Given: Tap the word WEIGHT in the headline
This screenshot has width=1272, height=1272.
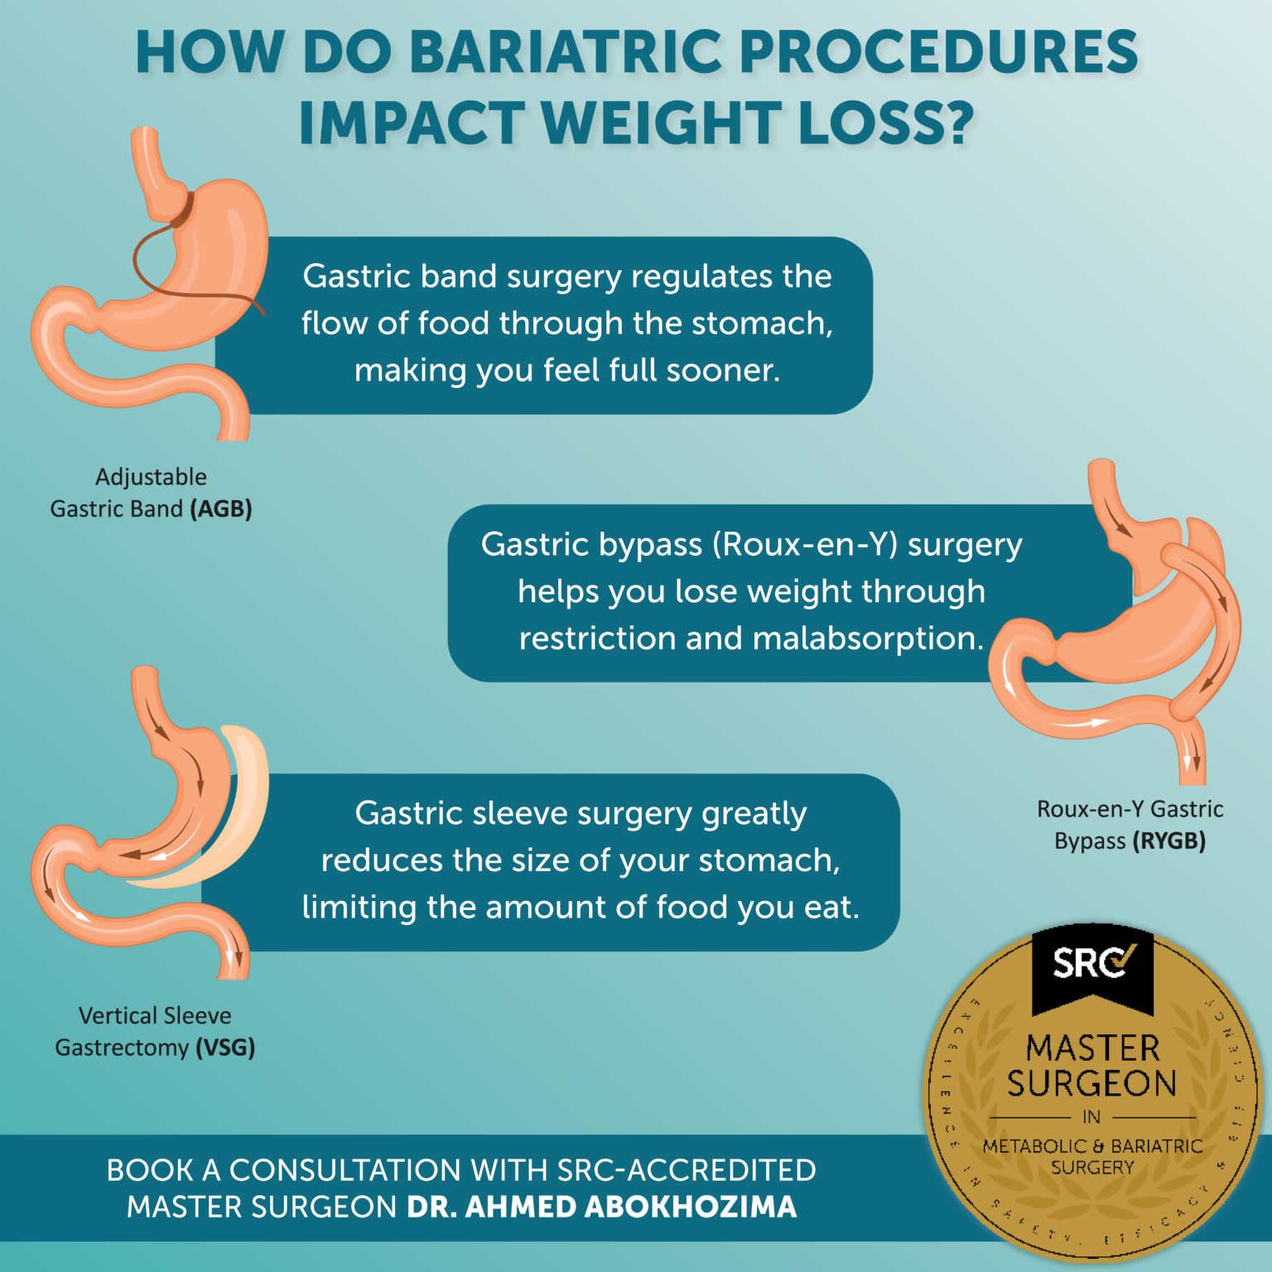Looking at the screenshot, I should (x=660, y=124).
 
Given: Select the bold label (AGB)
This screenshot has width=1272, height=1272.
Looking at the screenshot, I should (x=221, y=508).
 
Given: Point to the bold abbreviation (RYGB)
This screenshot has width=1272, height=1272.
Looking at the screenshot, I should (x=1168, y=841).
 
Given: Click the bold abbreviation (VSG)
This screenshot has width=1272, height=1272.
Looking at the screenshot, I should (x=225, y=1048).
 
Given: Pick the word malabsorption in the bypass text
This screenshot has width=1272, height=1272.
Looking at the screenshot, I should (x=867, y=638).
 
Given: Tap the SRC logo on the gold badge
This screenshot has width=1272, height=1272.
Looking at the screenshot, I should (x=1092, y=963).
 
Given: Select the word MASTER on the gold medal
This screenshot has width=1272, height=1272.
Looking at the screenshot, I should (x=1093, y=1048).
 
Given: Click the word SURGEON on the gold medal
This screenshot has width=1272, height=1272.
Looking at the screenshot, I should (x=1092, y=1083).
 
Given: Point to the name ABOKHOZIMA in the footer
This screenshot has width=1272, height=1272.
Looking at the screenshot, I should (x=691, y=1207).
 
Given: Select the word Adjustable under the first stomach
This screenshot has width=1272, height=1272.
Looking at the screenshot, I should (x=151, y=477).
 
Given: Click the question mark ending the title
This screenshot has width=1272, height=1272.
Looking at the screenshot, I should (x=958, y=124).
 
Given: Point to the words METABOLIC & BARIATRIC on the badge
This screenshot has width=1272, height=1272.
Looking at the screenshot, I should (x=1092, y=1146).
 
